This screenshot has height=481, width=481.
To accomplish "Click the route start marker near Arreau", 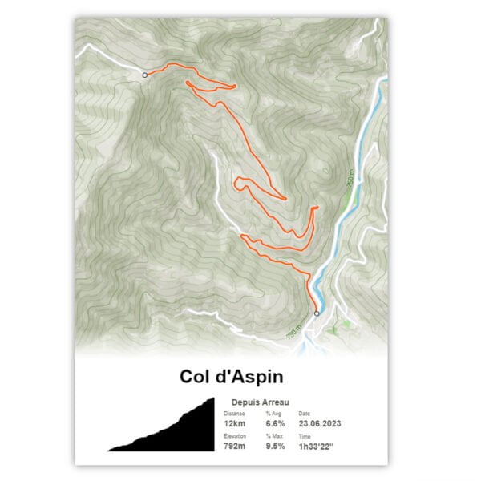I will click(x=316, y=313).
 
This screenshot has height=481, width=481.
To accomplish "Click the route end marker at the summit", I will click(x=144, y=75).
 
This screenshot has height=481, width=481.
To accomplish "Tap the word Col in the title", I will click(x=196, y=375).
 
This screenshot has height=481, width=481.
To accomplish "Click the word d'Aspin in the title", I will click(x=252, y=375).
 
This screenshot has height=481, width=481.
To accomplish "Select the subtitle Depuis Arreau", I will click(x=260, y=402).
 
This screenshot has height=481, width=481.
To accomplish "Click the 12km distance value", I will click(x=235, y=422).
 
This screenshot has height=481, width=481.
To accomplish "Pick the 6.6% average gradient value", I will click(x=275, y=422).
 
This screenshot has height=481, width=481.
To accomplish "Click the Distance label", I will click(x=235, y=413).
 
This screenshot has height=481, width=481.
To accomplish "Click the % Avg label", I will click(x=273, y=413).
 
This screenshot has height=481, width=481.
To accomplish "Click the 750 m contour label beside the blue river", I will click(x=350, y=180).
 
